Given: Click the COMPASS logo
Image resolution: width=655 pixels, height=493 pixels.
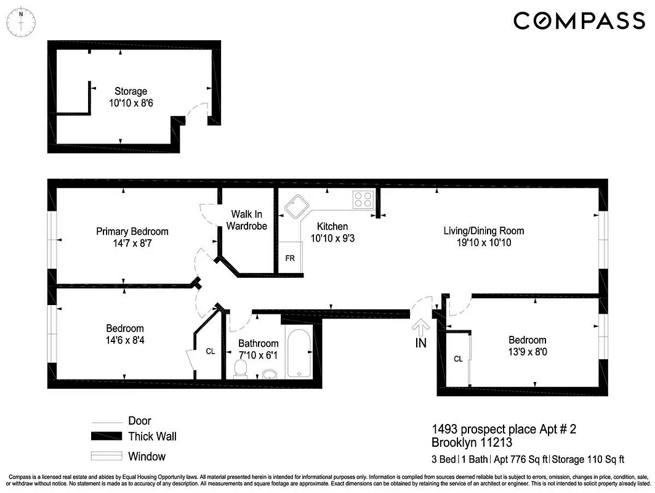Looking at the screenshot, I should click(579, 21).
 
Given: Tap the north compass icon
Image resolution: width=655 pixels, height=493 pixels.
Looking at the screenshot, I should click(21, 22).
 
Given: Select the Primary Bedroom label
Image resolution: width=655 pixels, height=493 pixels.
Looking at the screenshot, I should click(132, 231).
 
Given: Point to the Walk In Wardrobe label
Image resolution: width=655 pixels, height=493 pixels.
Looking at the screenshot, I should click(246, 220).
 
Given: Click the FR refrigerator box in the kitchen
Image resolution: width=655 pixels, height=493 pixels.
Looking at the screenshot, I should click(289, 258).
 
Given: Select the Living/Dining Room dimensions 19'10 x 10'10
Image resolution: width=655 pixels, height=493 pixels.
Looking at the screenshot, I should click(484, 243).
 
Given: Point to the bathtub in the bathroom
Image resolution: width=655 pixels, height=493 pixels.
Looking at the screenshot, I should click(301, 354).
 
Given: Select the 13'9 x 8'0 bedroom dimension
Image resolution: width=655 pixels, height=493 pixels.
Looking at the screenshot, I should click(527, 352).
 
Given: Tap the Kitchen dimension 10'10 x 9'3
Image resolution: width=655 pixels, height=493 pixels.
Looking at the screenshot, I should click(332, 238).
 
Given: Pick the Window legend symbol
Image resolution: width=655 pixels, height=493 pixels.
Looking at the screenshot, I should click(106, 457).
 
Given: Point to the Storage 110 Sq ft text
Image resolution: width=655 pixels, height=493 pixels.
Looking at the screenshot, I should click(589, 459).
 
